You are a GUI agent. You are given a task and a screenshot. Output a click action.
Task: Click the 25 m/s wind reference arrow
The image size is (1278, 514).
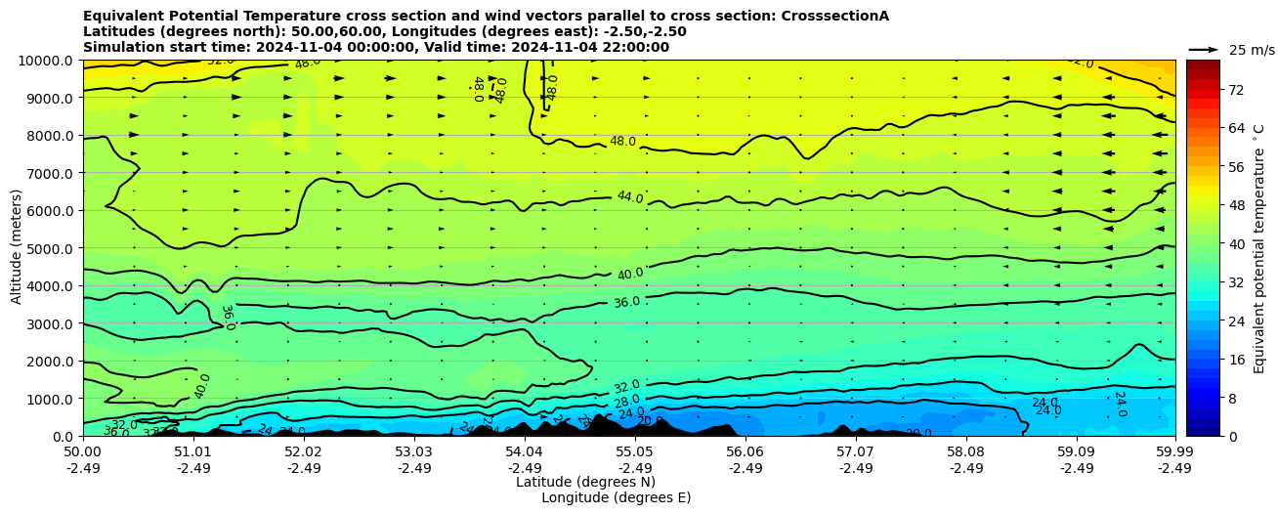(1204, 50)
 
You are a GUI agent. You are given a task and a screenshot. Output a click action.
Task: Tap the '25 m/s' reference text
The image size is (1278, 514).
(1252, 50)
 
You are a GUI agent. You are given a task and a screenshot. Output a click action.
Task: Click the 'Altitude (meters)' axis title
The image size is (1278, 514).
(17, 248)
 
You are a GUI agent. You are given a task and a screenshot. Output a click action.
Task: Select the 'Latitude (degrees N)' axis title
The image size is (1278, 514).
(585, 482)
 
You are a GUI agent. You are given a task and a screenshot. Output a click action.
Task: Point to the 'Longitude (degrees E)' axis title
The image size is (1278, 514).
(616, 497)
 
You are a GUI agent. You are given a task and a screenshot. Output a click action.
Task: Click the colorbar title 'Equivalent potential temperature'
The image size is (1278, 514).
(1259, 248)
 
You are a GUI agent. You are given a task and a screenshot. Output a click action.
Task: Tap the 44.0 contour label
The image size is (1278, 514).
(630, 198)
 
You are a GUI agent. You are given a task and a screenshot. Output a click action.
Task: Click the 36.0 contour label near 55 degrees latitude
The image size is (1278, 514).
(626, 303)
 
